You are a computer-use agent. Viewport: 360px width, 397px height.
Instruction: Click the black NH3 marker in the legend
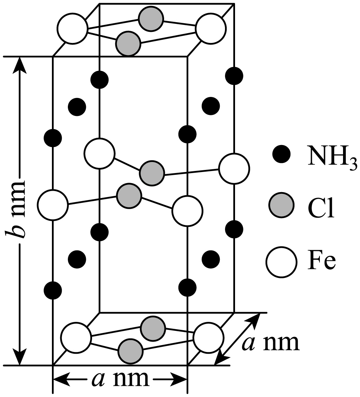tap(281, 154)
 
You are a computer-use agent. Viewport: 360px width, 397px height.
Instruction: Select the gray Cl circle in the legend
tap(281, 205)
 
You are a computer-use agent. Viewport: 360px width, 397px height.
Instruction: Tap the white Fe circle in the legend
tap(281, 262)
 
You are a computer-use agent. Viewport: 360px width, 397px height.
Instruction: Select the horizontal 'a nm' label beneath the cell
tap(120, 379)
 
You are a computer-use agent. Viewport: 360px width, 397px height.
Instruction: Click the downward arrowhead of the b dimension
tap(19, 357)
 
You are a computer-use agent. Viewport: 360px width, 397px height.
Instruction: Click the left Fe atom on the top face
tap(72, 28)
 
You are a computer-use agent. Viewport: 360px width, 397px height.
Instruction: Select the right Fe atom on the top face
tap(211, 28)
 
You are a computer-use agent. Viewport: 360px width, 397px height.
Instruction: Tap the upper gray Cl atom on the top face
tap(151, 19)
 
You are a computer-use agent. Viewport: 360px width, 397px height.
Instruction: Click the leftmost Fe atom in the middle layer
tap(53, 205)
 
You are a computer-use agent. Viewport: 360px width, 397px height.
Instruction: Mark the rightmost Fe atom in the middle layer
tap(234, 168)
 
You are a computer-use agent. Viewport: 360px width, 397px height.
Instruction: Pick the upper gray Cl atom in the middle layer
tap(152, 173)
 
